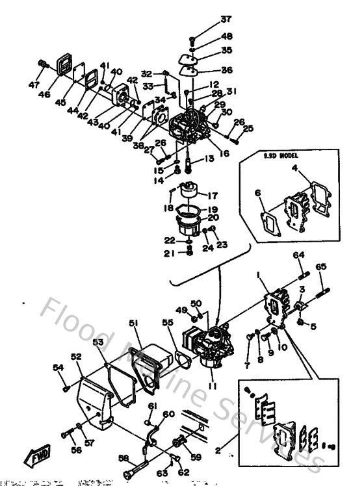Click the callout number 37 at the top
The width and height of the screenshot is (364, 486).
tap(207, 19)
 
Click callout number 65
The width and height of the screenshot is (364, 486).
tap(321, 266)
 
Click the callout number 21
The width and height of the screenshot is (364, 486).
tap(168, 253)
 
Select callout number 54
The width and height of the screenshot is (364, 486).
tap(58, 368)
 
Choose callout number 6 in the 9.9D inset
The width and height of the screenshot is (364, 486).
tap(257, 192)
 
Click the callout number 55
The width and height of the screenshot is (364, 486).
tap(168, 322)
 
